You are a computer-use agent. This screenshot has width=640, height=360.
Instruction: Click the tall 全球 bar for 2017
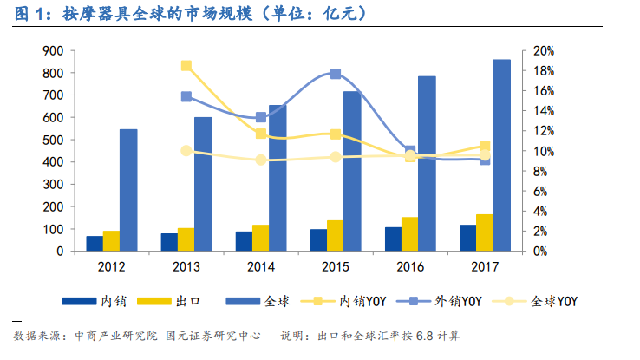[x=500, y=155]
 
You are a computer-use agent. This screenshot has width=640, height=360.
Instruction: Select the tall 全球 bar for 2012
[x=128, y=190]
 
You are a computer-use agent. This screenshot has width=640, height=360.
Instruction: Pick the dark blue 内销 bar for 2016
[x=393, y=239]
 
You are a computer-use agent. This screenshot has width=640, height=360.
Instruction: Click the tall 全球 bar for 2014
[x=278, y=178]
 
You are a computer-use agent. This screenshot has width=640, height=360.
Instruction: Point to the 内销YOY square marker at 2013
[x=186, y=66]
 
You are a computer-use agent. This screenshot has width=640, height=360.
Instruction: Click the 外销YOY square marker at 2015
[x=336, y=75]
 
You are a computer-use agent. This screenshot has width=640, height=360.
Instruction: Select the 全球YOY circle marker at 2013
[x=186, y=151]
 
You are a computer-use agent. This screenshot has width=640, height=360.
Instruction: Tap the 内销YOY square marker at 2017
[x=485, y=147]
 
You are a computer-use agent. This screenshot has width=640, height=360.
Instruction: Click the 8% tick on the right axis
[x=540, y=171]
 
